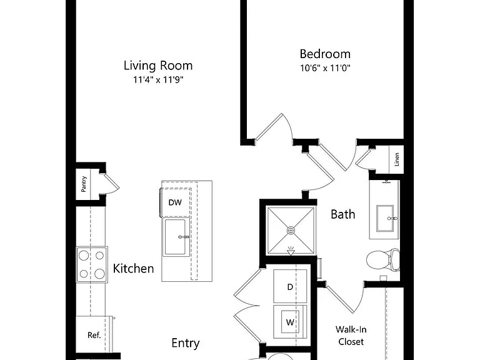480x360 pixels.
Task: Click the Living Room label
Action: (158, 66)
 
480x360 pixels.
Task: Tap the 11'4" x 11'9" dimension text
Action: (158, 80)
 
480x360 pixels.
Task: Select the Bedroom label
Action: (325, 54)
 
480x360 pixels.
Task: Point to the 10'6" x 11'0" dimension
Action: (325, 67)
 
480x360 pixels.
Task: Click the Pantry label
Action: (84, 184)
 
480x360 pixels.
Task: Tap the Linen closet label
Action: (397, 159)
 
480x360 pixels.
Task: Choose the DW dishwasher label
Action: (175, 202)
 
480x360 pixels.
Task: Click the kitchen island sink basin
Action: (176, 237)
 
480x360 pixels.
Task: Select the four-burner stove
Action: (92, 264)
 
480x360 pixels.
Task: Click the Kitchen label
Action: (134, 269)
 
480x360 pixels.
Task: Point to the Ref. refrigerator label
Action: (94, 335)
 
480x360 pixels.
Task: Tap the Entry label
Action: (186, 343)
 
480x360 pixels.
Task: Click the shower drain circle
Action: (291, 230)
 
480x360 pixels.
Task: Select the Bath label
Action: (343, 214)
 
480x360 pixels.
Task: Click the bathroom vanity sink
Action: (385, 218)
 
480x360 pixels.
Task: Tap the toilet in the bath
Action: (383, 260)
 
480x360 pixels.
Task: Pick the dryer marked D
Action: (290, 286)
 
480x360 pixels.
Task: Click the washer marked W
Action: (290, 322)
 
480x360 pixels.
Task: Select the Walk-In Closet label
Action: (351, 336)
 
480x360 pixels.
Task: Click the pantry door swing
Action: (112, 184)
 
